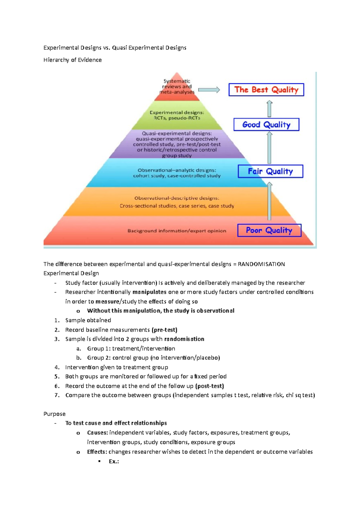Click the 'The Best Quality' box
266,90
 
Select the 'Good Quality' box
266,124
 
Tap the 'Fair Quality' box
270,171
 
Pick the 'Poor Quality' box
269,230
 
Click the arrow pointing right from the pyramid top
209,90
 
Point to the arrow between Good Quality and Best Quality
269,109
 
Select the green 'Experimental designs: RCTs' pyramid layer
177,115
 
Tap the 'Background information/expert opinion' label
177,231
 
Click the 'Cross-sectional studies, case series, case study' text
177,206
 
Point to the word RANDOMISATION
261,264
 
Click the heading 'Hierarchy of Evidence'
72,60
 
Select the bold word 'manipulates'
149,292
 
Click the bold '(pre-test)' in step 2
164,330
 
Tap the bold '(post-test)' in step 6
209,386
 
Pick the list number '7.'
57,395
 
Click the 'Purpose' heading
54,414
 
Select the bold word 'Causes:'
97,433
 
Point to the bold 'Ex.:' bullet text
114,461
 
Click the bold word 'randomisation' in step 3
184,339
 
